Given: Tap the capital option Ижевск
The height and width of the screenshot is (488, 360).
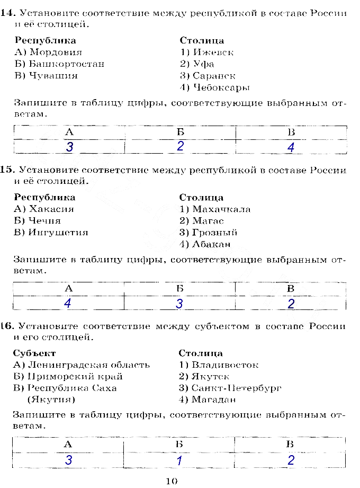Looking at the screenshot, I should coord(213,52).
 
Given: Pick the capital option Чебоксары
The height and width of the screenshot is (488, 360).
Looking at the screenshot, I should coord(221,87).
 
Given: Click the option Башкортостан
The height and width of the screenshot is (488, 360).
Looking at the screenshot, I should coord(67,64).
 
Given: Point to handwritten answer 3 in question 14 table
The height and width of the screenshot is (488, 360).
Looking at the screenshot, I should coord(69,147).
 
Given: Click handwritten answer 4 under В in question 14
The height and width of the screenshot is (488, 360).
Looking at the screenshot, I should coord(291,148).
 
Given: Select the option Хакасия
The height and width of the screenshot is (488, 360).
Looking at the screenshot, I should coord(51,209).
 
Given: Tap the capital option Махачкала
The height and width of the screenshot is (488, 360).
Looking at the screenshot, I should coord(221,209).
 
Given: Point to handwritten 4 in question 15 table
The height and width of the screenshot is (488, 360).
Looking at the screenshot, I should coord(67,304).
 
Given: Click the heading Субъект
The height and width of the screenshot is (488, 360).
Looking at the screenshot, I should coord(34,353).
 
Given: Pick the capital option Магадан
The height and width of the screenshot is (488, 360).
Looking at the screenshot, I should coord(214,400).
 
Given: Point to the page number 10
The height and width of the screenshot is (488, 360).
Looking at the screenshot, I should coord(172,481).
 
